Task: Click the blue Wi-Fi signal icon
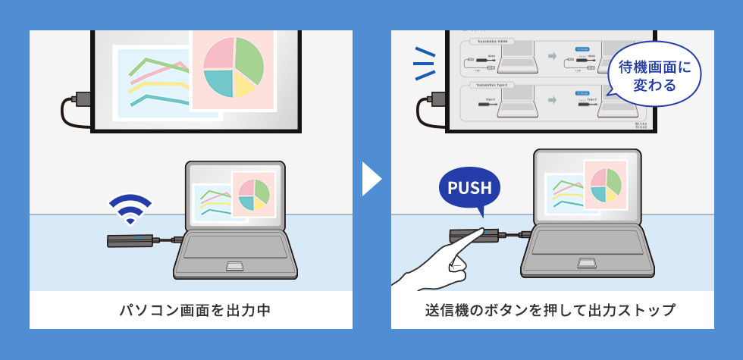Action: pyautogui.click(x=130, y=208)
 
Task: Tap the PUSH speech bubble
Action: pyautogui.click(x=469, y=189)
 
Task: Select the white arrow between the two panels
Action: pyautogui.click(x=371, y=179)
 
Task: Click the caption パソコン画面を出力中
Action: pyautogui.click(x=190, y=310)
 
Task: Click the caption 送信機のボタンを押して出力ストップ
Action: pyautogui.click(x=552, y=310)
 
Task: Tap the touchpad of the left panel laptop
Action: pyautogui.click(x=235, y=265)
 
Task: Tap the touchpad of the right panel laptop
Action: pyautogui.click(x=585, y=263)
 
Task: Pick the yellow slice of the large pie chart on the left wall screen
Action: pyautogui.click(x=244, y=85)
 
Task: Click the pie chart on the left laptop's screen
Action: pyautogui.click(x=253, y=194)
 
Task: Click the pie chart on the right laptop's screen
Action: pyautogui.click(x=605, y=184)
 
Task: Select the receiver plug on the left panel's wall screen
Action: pyautogui.click(x=78, y=99)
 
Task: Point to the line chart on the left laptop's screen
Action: pyautogui.click(x=215, y=202)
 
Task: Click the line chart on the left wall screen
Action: pyautogui.click(x=155, y=80)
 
